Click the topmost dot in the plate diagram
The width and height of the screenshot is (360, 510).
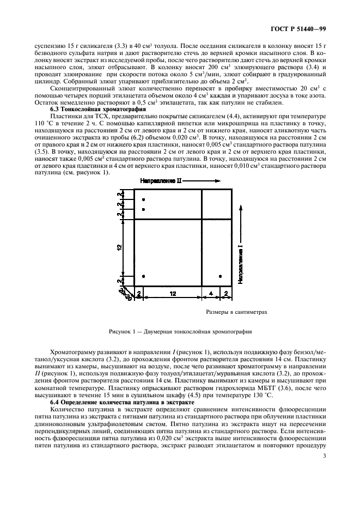pos(143,200)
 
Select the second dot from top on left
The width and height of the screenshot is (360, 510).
pos(143,209)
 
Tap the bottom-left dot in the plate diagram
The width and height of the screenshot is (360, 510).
pos(143,276)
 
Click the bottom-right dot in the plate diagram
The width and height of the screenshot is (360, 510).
pos(220,276)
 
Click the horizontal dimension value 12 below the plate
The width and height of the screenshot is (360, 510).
pos(173,294)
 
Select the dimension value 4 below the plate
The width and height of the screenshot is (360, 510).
pos(211,294)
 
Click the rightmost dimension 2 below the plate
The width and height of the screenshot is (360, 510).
pos(226,294)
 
